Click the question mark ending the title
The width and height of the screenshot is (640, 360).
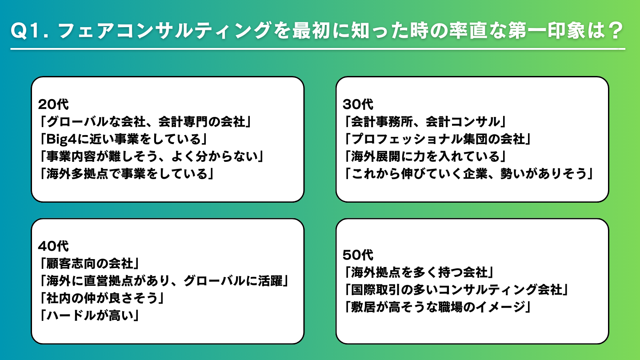[x=616, y=31]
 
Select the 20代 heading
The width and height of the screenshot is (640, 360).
[x=53, y=104]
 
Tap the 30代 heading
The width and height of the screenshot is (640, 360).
[x=358, y=104]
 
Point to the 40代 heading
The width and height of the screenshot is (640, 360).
[x=53, y=246]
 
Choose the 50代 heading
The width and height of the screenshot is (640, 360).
[x=358, y=255]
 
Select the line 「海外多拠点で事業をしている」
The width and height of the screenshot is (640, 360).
[x=127, y=174]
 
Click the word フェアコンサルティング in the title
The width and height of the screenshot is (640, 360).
[x=164, y=31]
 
